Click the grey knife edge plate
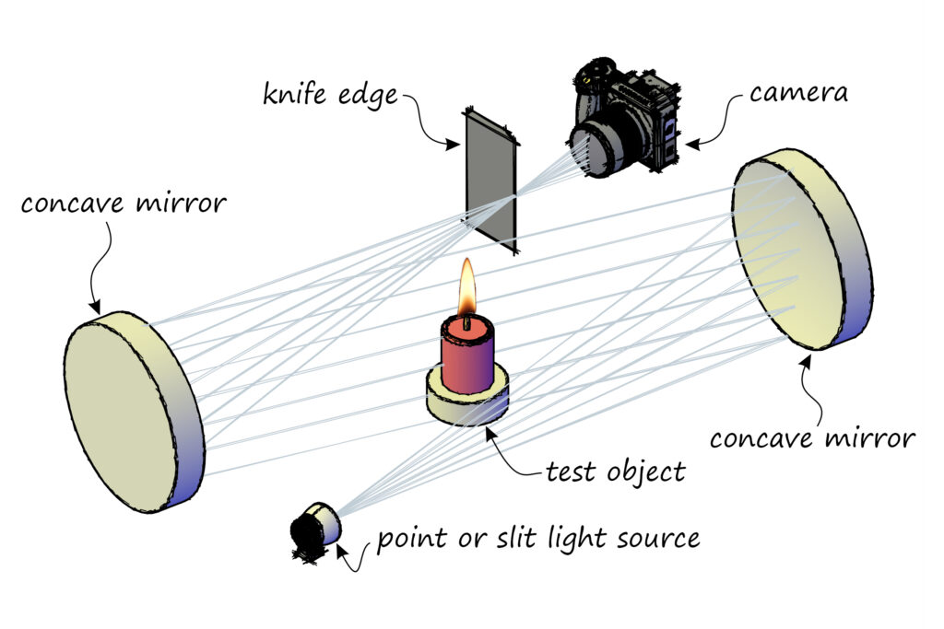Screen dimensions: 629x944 [x=490, y=180]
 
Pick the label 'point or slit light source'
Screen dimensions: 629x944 [x=537, y=537]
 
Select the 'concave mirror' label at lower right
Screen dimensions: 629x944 [x=812, y=437]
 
